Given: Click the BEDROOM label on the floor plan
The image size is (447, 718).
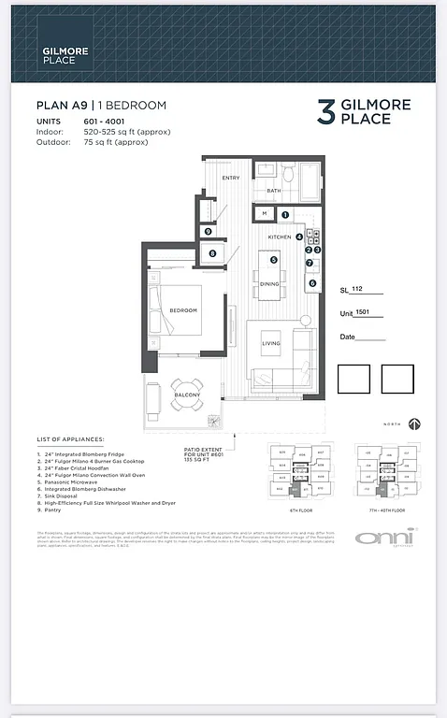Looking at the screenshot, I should click(182, 309).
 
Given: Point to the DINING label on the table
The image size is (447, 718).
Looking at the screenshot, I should click(269, 283).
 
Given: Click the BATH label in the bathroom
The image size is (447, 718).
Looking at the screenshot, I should click(273, 191).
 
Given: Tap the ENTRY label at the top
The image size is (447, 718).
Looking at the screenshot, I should click(230, 178).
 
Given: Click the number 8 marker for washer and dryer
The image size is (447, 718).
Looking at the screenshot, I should click(212, 253).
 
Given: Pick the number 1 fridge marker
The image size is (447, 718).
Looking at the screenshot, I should click(285, 215).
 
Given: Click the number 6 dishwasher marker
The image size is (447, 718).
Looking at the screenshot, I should click(312, 283).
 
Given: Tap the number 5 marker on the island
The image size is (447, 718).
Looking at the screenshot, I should click(274, 259).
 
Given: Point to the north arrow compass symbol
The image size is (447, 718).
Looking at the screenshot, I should click(414, 424).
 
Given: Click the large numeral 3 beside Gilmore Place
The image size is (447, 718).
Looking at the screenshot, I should click(325, 112).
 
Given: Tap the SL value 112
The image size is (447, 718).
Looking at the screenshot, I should click(357, 290).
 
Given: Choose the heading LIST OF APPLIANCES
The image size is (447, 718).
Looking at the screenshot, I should click(70, 438).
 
